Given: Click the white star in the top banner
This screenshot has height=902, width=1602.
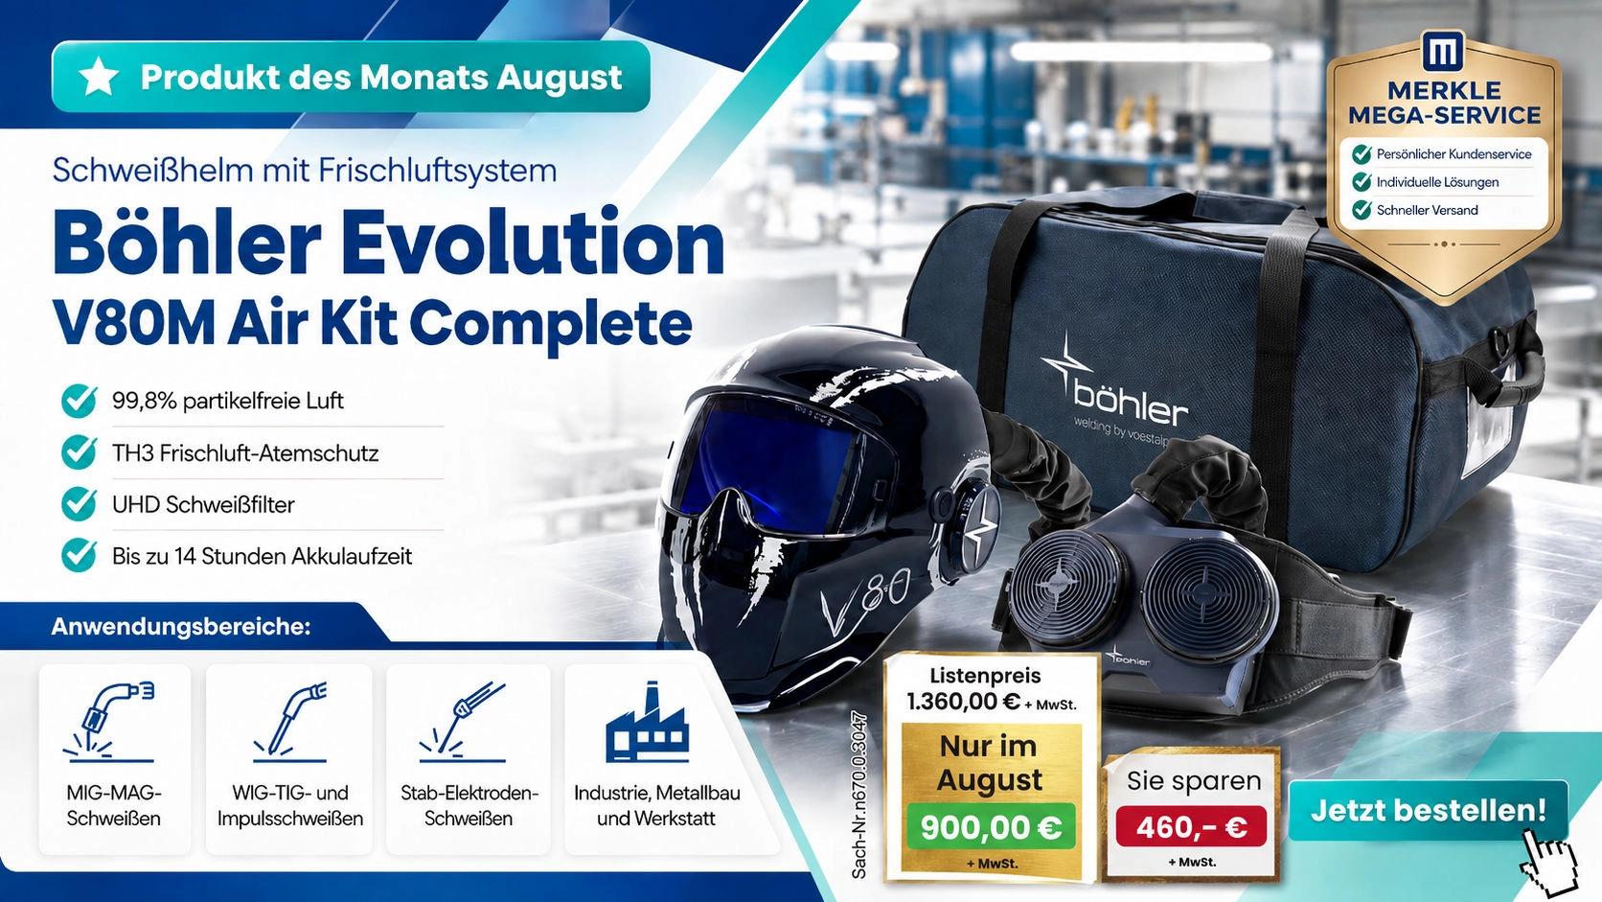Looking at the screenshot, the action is pyautogui.click(x=99, y=77).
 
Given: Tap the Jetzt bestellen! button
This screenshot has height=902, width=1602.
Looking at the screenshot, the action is pyautogui.click(x=1429, y=810).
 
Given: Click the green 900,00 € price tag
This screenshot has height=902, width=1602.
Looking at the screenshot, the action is pyautogui.click(x=991, y=827).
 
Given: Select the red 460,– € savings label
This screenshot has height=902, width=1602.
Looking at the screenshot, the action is pyautogui.click(x=1192, y=827).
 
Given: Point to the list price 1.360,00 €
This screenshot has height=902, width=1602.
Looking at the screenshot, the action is pyautogui.click(x=963, y=702).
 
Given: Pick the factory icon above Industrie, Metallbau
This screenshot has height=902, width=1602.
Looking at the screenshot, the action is pyautogui.click(x=648, y=722).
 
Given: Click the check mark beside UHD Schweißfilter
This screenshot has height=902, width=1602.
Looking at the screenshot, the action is pyautogui.click(x=79, y=503).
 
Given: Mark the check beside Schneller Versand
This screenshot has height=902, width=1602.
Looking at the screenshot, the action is pyautogui.click(x=1362, y=210).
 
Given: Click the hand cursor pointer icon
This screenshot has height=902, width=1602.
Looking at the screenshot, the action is pyautogui.click(x=1549, y=862).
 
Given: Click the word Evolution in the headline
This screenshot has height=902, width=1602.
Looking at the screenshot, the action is pyautogui.click(x=532, y=243).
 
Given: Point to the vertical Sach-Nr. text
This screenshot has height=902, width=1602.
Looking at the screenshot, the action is pyautogui.click(x=858, y=795).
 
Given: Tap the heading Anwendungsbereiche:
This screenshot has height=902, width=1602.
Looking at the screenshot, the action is pyautogui.click(x=181, y=627).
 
